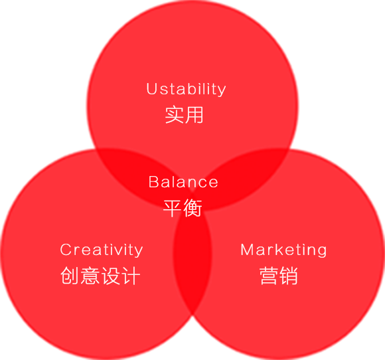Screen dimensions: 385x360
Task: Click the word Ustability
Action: pos(186,89)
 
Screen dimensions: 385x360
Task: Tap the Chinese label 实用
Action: pos(184,115)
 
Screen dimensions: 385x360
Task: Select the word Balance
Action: pos(183,182)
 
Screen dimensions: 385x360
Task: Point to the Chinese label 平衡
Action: pos(183,208)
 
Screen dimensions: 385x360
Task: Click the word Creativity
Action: pos(102,250)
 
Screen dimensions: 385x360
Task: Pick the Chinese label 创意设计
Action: pos(100,276)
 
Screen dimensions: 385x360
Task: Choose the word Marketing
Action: pos(283,250)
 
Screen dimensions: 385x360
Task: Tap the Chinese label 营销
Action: pos(278,276)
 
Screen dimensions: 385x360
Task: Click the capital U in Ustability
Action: pos(151,89)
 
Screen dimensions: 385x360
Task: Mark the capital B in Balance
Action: pos(153,182)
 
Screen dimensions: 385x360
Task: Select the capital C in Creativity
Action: pos(66,250)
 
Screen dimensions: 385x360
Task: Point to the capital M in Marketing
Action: pos(247,250)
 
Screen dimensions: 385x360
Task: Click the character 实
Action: pos(174,115)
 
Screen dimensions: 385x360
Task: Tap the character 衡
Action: pos(193,208)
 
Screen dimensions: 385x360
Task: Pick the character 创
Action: pos(70,276)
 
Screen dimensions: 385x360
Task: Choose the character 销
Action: pos(289,276)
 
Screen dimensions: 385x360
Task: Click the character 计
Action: pos(131,276)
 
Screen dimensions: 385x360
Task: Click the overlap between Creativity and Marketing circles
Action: pos(193,260)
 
